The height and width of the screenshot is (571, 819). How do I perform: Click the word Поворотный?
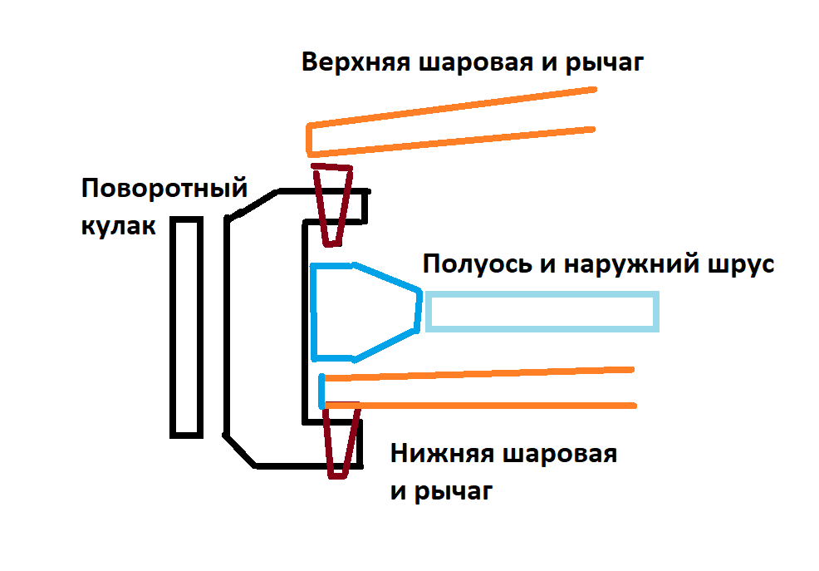coord(165,189)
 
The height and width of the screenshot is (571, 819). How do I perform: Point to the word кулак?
coord(118,225)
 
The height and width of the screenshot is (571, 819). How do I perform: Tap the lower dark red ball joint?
coord(338,441)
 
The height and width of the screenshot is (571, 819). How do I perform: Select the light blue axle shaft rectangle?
coord(543,312)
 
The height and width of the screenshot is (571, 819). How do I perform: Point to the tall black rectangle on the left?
coord(186,327)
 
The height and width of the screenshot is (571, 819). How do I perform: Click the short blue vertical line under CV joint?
coord(322,391)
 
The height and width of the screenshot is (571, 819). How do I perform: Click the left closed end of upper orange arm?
coord(309,140)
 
